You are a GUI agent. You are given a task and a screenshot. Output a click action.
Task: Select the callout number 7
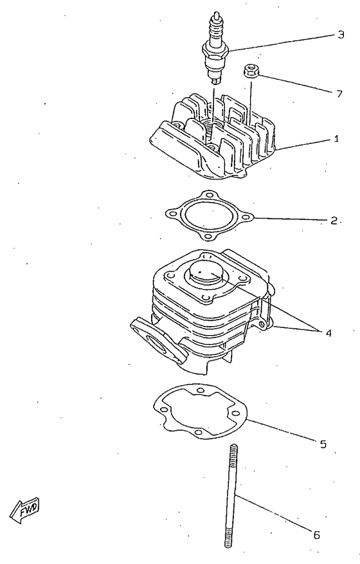(x=339, y=93)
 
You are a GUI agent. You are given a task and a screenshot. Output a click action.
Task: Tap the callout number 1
(x=337, y=138)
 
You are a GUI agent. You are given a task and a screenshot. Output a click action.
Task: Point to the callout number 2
(x=334, y=220)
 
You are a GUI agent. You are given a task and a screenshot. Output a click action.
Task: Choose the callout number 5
(x=323, y=443)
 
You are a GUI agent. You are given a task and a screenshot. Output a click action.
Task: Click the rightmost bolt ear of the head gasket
(x=247, y=217)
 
